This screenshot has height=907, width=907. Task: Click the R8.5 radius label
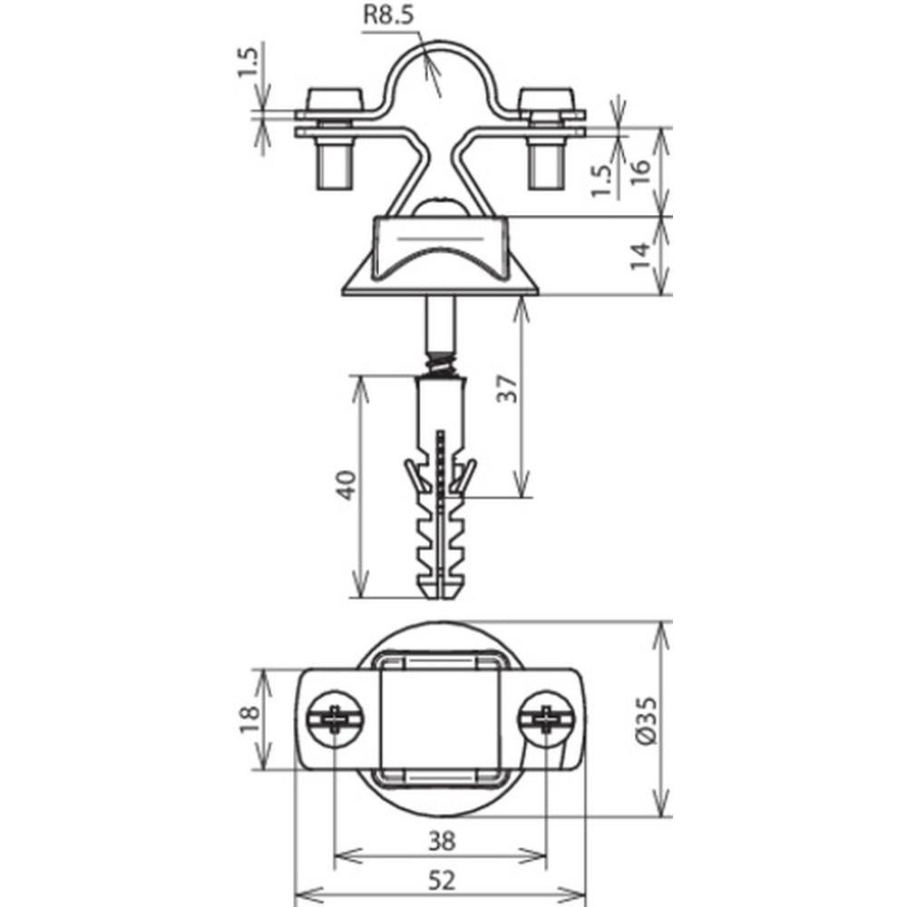point(388,15)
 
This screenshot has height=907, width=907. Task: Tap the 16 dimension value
point(639,171)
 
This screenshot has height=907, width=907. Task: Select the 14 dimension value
point(639,257)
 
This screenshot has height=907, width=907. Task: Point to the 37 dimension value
point(507,389)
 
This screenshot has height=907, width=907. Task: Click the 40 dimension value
point(346,486)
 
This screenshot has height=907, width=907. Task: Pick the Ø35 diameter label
point(646,720)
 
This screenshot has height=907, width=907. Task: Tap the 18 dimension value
point(250,719)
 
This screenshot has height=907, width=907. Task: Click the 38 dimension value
point(442,841)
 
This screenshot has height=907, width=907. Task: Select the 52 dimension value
point(442,881)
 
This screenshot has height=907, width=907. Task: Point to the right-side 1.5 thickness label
point(601,180)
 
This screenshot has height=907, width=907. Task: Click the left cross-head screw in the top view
point(335,719)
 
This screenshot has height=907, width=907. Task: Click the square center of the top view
point(440,719)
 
